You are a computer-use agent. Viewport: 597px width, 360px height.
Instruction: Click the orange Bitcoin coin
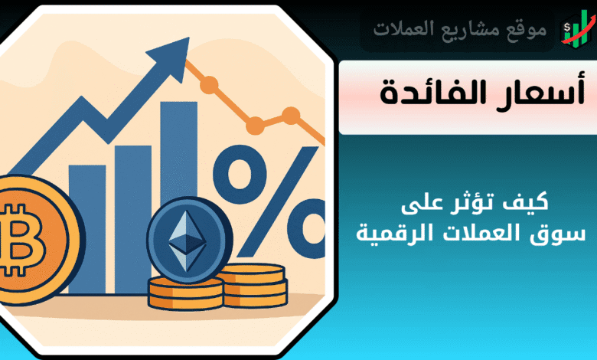point(36,240)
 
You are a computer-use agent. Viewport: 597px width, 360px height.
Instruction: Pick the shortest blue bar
point(87,229)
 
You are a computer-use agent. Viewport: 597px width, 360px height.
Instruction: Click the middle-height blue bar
point(133,219)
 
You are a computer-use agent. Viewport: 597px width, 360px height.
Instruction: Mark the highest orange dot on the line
point(209,84)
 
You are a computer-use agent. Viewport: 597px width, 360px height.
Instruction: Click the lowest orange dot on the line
point(255,126)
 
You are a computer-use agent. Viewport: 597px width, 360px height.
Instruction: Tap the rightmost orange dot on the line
point(291,116)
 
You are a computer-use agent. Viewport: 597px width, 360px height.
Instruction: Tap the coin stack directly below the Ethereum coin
point(185,293)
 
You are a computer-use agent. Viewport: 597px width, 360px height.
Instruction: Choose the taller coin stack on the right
point(255,286)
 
